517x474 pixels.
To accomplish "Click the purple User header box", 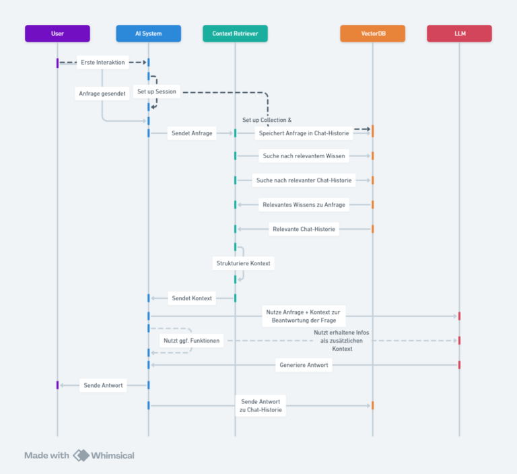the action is click(57, 33).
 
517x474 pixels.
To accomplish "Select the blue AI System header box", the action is click(148, 33).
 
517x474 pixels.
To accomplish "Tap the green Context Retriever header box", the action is click(235, 33).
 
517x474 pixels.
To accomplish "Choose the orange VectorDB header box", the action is click(372, 33).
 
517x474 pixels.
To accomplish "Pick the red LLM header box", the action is click(459, 33).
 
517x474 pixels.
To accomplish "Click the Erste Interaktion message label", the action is click(103, 63).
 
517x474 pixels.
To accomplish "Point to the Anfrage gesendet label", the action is click(102, 94).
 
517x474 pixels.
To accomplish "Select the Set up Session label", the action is click(157, 92).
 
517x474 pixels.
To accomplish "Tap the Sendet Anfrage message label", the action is click(192, 133).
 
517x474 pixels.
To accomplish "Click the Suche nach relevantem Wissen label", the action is click(304, 156).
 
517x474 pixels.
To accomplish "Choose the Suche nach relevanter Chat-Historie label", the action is click(304, 180).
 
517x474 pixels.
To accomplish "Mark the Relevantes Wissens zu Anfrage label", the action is click(304, 205).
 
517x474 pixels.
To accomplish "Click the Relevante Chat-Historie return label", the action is click(304, 229).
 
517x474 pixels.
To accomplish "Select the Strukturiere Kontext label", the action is click(243, 263).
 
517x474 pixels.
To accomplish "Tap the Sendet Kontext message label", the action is click(192, 298).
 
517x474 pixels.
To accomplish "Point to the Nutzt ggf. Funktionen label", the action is click(192, 341).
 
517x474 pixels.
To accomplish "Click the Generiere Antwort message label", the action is click(304, 365).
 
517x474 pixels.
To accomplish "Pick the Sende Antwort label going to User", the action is click(103, 385).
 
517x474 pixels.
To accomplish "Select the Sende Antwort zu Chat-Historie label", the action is click(261, 406).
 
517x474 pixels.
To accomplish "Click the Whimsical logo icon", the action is click(81, 456).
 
